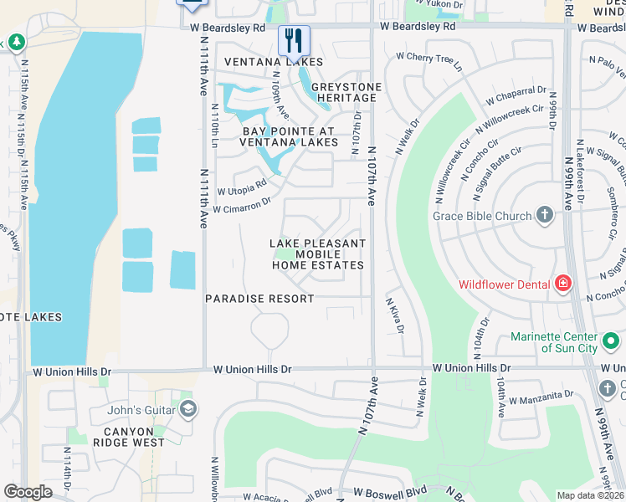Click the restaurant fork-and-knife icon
[x=294, y=39]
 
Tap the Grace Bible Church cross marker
[x=545, y=216]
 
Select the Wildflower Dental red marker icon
[x=562, y=284]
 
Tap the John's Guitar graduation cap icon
[x=188, y=409]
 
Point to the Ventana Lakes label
[x=273, y=63]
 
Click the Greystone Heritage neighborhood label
[x=346, y=92]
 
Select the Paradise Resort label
[x=260, y=299]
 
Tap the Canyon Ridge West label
[x=135, y=436]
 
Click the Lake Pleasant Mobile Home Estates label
[x=318, y=254]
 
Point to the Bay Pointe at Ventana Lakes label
[x=289, y=137]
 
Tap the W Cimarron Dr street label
[x=242, y=204]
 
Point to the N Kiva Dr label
[x=394, y=315]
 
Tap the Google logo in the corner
[x=28, y=492]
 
